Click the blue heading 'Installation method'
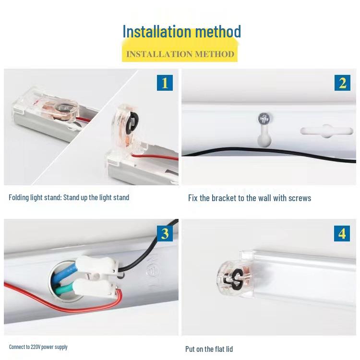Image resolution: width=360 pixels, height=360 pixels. click(181, 32)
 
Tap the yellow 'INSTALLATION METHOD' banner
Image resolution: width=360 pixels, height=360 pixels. click(180, 54)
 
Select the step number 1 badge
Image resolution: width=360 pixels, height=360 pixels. click(165, 83)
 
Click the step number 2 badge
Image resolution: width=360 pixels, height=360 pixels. click(342, 83)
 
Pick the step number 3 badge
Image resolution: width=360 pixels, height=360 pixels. click(165, 233)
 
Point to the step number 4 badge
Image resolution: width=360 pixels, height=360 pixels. click(342, 233)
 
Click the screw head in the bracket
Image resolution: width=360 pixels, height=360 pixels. click(263, 118)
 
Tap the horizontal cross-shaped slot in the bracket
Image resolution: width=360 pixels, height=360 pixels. click(326, 131)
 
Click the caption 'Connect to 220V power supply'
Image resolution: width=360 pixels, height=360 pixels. click(38, 347)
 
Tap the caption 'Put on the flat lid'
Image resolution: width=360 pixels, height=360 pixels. click(209, 349)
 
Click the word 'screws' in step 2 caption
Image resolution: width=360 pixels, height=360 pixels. click(299, 198)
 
